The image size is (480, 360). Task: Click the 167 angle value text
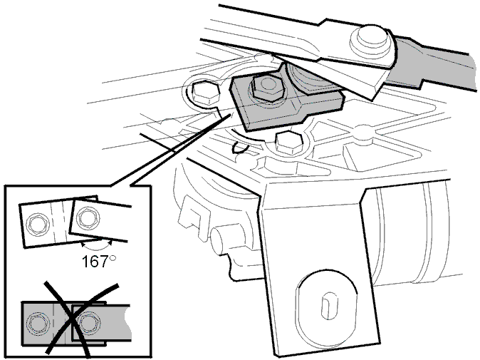point(95,262)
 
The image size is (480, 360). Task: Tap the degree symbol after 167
point(113,258)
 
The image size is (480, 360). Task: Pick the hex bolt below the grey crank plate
point(289,143)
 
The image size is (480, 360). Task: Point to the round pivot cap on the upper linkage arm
point(371,38)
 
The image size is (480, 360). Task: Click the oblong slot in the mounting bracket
point(328,306)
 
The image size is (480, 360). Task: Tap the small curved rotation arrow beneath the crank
point(240,148)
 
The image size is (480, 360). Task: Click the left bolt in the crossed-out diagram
point(38,324)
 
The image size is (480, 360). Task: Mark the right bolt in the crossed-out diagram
point(88,323)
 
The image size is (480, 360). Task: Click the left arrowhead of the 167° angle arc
point(82,245)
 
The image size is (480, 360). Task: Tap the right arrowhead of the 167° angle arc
point(110,242)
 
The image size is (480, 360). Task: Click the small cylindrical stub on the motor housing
point(221,239)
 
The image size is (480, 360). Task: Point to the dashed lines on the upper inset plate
point(59,222)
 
